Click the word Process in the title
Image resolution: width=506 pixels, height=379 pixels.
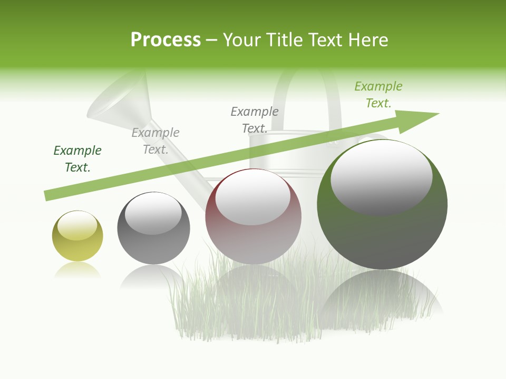166,40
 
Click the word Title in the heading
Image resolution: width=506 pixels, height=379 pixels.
285,40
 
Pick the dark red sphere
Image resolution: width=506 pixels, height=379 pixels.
253,242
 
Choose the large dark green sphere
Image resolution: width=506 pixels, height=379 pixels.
382,237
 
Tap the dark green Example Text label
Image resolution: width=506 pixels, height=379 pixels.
77,159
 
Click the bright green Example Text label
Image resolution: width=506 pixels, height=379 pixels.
378,95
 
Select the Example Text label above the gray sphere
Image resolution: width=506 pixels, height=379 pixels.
155,141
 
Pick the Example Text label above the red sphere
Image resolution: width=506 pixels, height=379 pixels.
255,120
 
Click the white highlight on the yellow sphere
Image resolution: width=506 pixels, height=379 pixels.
77,225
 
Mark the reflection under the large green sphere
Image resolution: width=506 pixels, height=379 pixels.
382,295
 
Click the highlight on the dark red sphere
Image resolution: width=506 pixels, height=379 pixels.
253,197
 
